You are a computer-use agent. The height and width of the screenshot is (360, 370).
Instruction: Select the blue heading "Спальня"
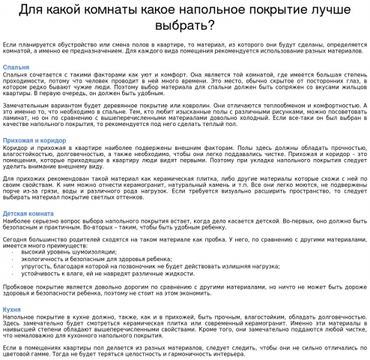[x=16, y=67]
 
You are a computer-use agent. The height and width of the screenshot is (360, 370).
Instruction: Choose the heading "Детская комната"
[x=28, y=213]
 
